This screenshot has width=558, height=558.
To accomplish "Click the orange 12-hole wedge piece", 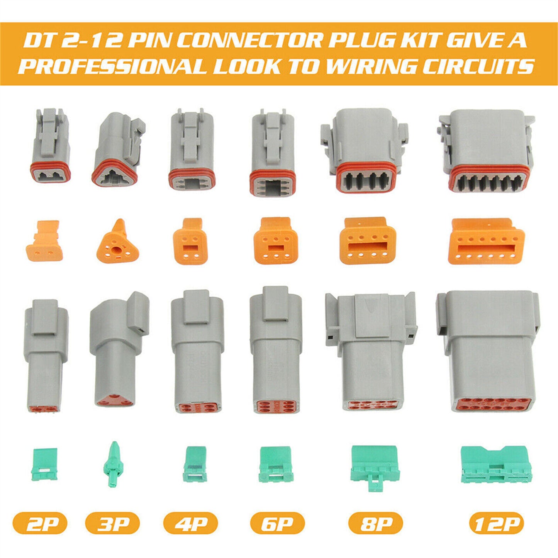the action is (487, 241).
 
